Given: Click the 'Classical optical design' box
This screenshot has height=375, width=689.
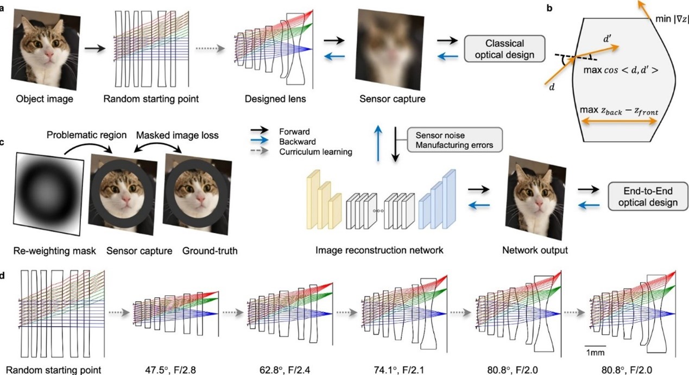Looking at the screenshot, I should point(504,49).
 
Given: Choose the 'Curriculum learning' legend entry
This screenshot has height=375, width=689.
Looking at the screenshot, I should point(315,152).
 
